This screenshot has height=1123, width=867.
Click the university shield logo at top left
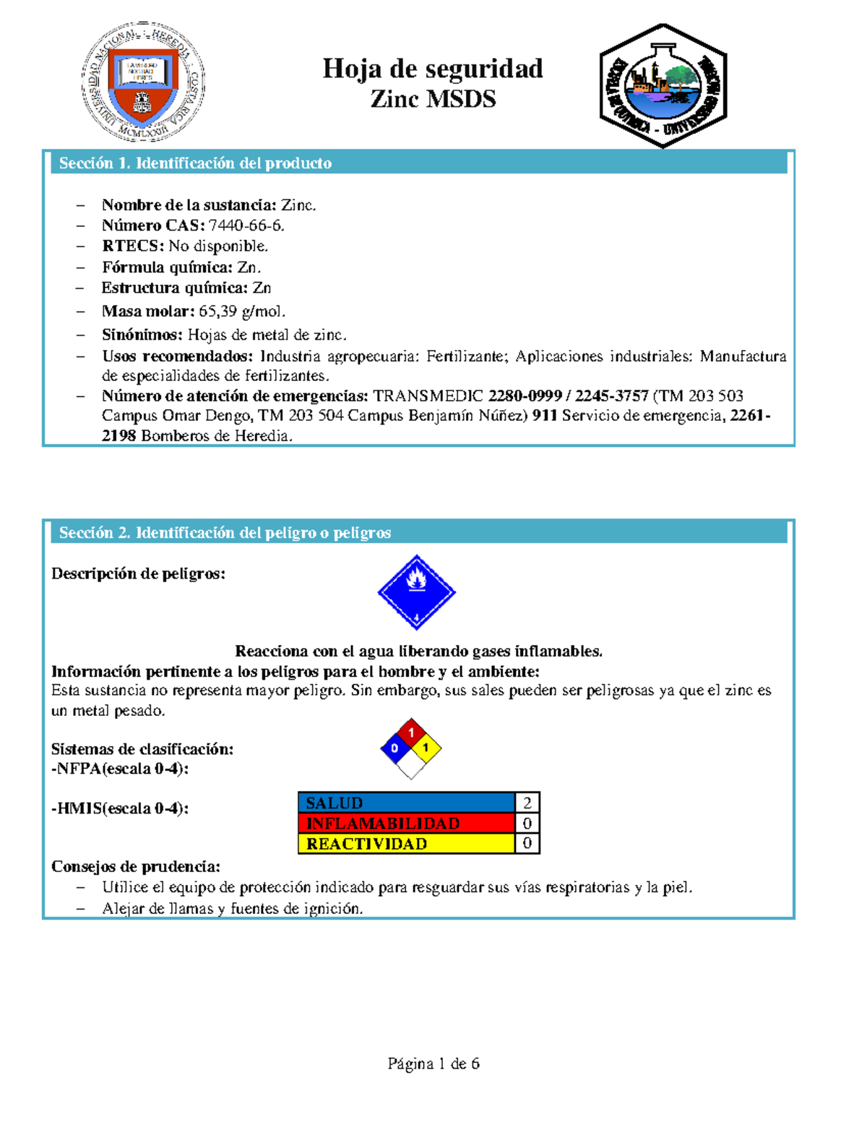[x=143, y=81]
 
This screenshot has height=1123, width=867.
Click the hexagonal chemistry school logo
[x=663, y=85]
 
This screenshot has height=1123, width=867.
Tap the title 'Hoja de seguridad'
[x=432, y=69]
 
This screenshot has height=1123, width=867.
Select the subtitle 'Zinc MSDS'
[x=433, y=99]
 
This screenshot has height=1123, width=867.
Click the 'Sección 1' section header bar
[x=419, y=163]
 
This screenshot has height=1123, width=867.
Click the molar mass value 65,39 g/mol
[x=242, y=312]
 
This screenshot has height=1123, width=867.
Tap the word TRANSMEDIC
[x=428, y=396]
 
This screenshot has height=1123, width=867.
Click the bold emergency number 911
[x=545, y=416]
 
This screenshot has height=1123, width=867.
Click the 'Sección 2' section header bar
[x=419, y=533]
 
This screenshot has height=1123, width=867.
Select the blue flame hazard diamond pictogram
[x=416, y=592]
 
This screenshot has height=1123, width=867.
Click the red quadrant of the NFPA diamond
[x=411, y=733]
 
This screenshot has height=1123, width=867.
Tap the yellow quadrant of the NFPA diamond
[x=426, y=748]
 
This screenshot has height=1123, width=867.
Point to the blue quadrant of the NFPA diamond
[x=394, y=748]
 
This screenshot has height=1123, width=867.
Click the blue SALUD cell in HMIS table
[x=406, y=803]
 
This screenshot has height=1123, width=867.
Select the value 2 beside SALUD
[x=527, y=803]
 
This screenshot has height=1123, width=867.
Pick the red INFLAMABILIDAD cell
[x=406, y=823]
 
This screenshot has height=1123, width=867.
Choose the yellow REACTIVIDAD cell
[x=406, y=843]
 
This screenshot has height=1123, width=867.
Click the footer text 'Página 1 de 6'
[x=433, y=1064]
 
